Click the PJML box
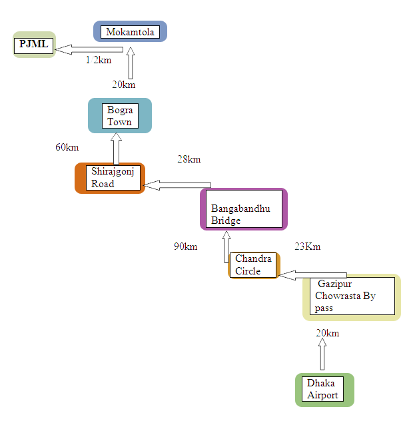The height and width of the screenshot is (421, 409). click(34, 46)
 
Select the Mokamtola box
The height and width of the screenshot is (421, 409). click(130, 32)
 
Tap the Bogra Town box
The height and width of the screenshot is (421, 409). click(120, 115)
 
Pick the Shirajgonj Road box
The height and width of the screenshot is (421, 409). click(111, 178)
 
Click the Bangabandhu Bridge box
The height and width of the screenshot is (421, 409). click(243, 209)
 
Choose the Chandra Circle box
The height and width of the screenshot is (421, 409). click(253, 265)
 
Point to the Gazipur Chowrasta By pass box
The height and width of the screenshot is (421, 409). click(352, 296)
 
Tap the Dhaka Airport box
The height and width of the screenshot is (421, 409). click(324, 389)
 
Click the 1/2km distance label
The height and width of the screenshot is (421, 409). click(98, 61)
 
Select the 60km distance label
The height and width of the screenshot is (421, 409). click(66, 147)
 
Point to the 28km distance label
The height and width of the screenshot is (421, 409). click(189, 159)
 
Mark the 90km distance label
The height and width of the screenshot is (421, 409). click(185, 246)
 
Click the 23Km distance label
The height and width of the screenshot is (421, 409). click(307, 246)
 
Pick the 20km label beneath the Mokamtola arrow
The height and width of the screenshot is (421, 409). click(123, 84)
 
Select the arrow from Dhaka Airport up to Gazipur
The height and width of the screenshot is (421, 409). click(323, 354)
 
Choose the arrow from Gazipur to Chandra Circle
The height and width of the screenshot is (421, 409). click(313, 274)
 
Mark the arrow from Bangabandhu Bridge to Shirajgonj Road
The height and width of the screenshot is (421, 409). click(177, 185)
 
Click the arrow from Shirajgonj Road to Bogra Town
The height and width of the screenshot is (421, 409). click(117, 148)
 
